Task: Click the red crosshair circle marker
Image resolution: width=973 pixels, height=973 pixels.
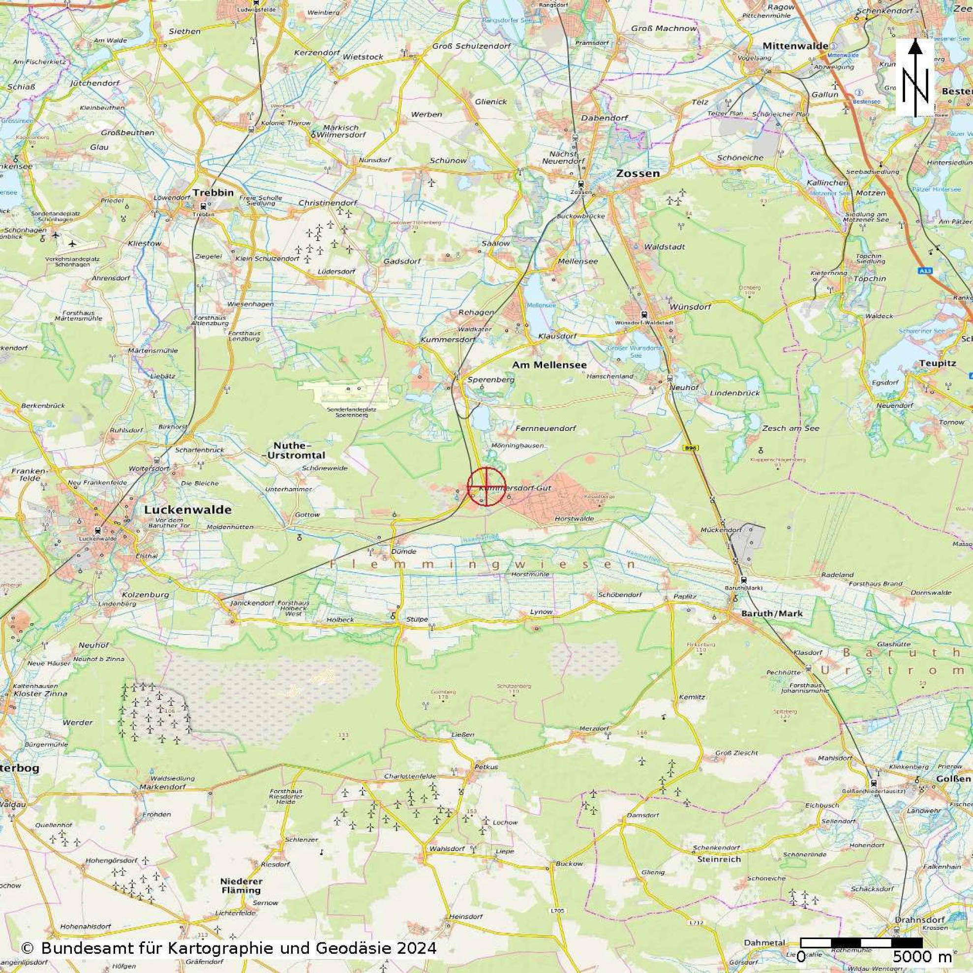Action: (x=486, y=486)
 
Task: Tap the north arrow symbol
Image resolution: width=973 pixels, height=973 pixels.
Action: (x=915, y=78)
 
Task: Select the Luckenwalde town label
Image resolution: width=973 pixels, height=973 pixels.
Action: (x=187, y=509)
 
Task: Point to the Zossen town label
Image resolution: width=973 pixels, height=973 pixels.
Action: (x=637, y=173)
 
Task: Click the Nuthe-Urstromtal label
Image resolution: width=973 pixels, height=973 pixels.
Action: (x=299, y=450)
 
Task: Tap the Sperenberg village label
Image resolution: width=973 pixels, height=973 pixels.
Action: (x=491, y=379)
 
